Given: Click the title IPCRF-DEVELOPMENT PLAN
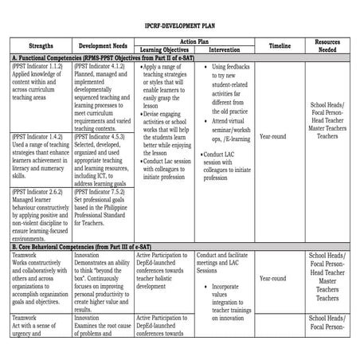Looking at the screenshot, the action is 179,25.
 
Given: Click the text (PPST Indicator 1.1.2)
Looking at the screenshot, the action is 38,67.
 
